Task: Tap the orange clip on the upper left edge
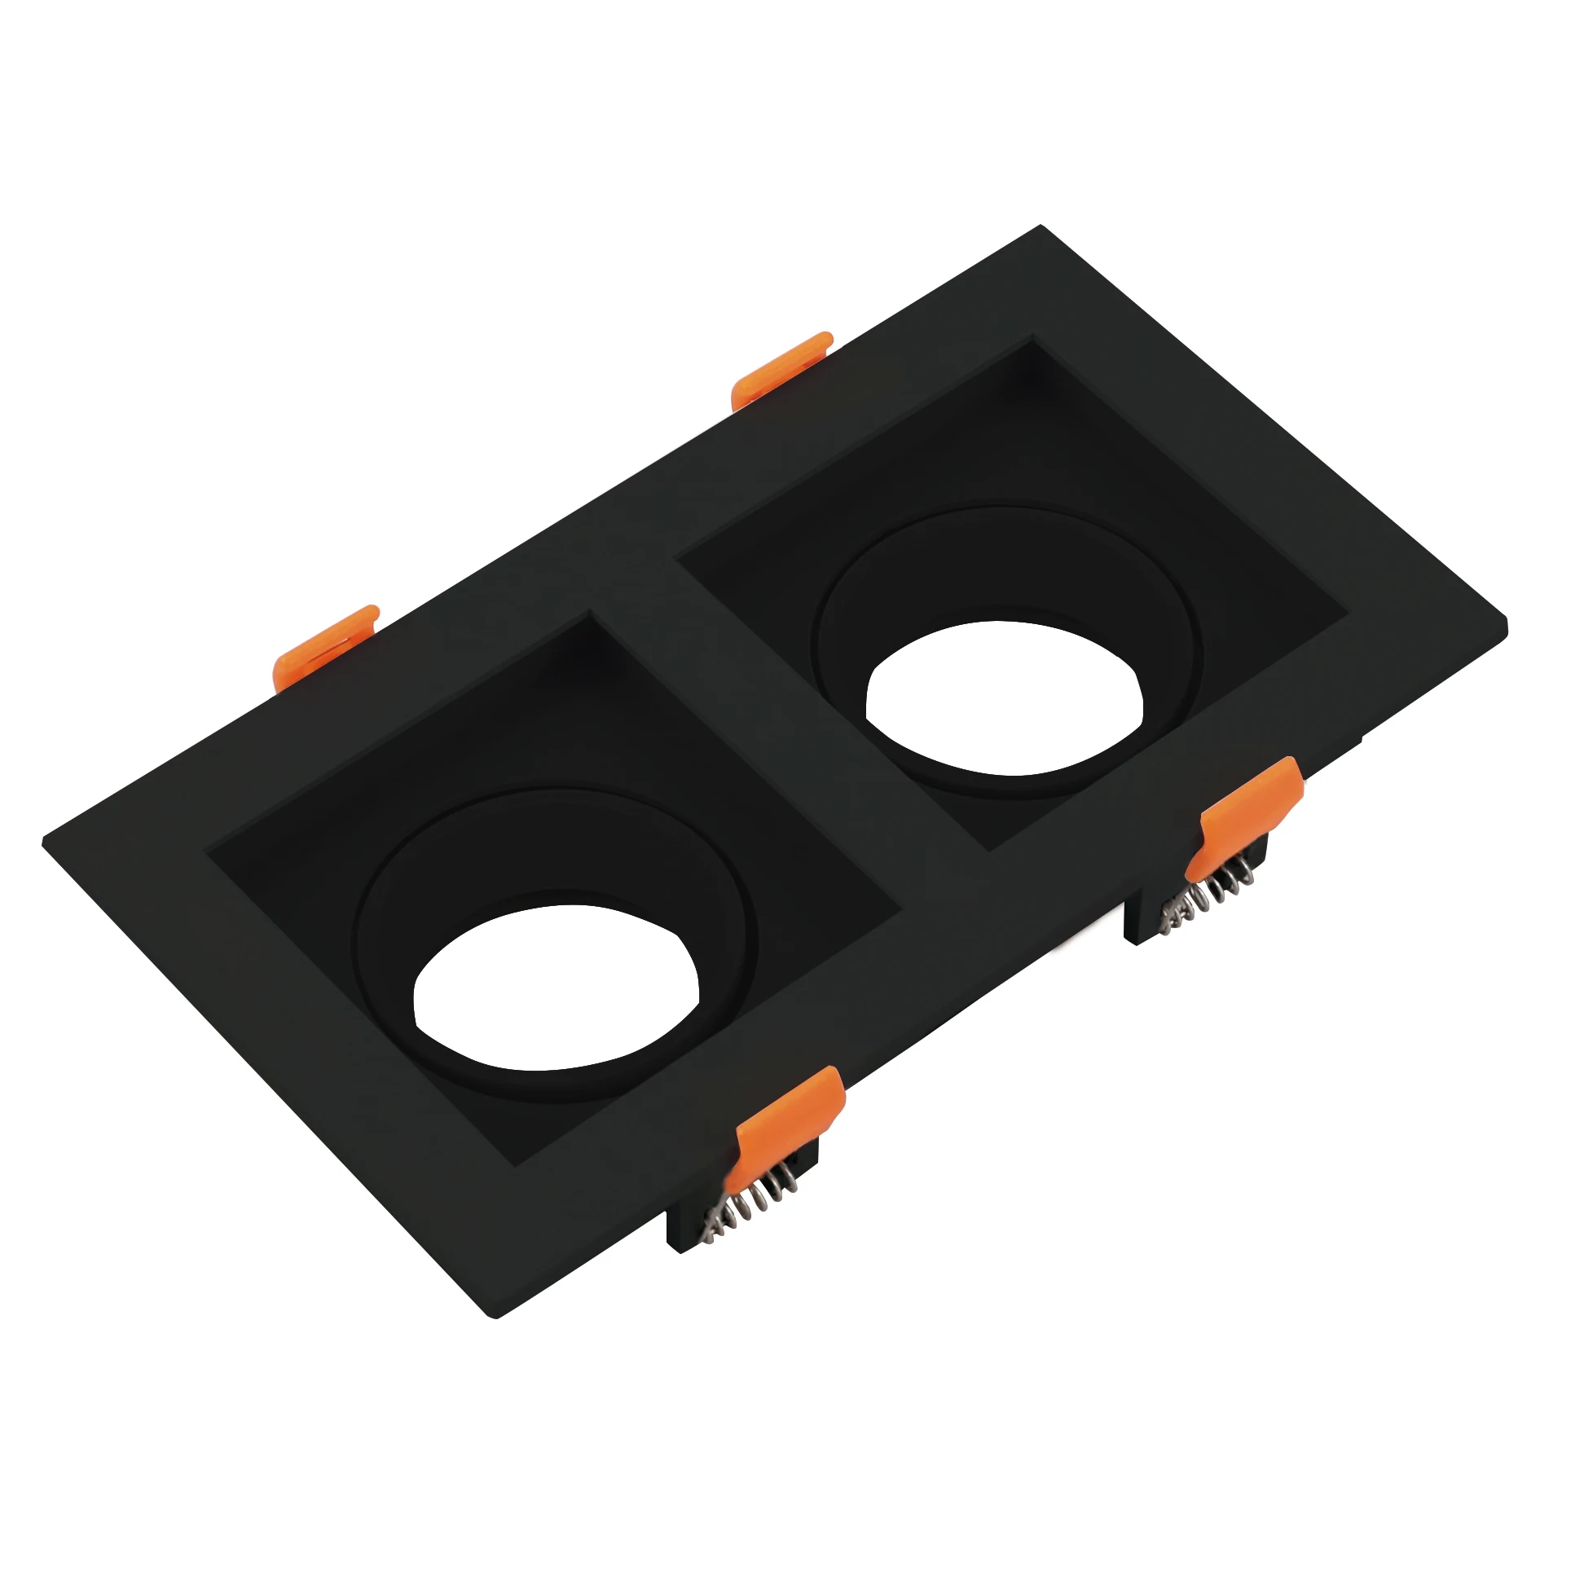coord(323,645)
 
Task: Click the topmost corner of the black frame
coord(1040,227)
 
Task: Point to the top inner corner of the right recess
coord(1032,338)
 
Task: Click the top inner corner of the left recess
coord(588,614)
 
